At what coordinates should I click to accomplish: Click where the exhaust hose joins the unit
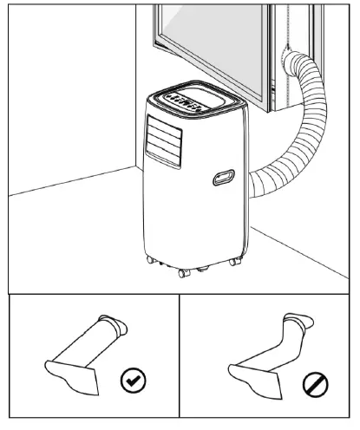click(253, 181)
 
